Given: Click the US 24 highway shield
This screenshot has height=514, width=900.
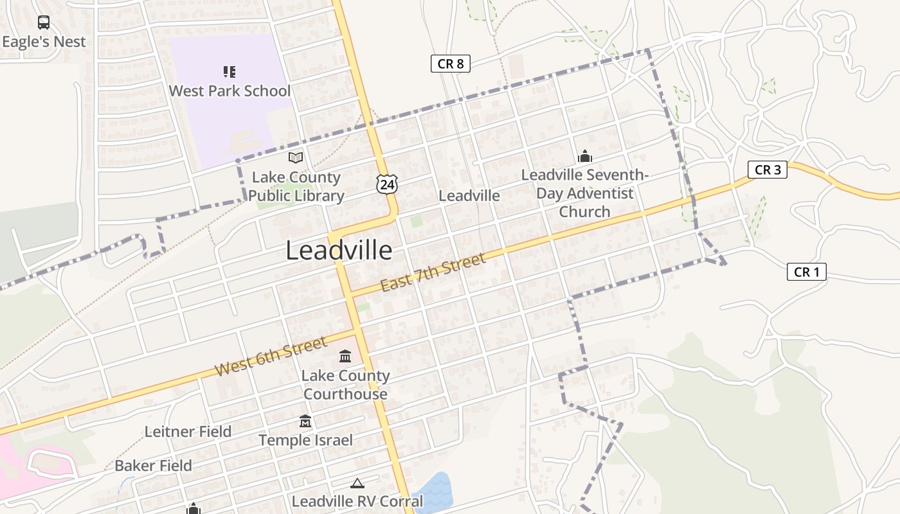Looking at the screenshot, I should [x=387, y=184].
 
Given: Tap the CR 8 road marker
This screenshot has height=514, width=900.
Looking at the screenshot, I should [x=450, y=63].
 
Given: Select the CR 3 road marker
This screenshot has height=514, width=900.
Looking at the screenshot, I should [x=768, y=170].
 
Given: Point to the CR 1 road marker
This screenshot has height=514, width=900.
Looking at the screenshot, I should [x=806, y=272].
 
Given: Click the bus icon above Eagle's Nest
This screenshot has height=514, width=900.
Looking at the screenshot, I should [x=44, y=22].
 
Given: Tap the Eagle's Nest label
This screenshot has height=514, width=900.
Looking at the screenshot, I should [x=44, y=42].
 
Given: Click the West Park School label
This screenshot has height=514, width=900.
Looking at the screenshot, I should [x=230, y=91].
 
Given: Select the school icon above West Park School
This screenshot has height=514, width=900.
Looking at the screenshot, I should [x=230, y=71].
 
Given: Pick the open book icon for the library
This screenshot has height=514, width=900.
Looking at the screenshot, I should [x=296, y=157].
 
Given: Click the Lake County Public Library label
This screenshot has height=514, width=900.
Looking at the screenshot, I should [x=296, y=186].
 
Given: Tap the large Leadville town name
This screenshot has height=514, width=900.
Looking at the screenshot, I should [x=339, y=250].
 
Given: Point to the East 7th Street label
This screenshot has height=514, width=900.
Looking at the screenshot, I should [x=432, y=272].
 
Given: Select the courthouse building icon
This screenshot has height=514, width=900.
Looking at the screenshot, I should [x=345, y=356].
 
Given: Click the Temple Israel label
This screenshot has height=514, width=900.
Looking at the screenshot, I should [x=305, y=440].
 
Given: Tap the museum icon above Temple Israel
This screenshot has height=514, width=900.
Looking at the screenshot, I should [x=305, y=421].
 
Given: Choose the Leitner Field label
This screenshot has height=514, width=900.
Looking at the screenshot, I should [x=188, y=431].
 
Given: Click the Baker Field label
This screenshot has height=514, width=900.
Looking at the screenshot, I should [x=153, y=465].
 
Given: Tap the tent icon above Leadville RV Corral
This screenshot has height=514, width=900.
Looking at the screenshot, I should [x=357, y=483].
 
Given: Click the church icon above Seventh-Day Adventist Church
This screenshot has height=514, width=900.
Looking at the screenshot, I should [x=584, y=156].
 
